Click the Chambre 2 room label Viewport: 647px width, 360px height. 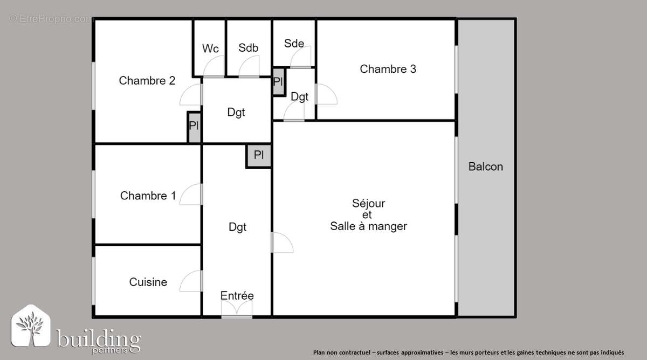(147, 81)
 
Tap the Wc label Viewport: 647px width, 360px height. (210, 49)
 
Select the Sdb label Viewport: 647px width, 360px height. (248, 48)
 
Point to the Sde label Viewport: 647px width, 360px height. (294, 44)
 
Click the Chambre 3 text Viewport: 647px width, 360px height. (388, 69)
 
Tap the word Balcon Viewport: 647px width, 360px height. (485, 167)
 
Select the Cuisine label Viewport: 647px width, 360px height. (148, 282)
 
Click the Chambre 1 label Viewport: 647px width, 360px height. (148, 196)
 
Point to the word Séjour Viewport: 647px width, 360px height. (368, 204)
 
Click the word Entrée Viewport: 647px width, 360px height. (237, 296)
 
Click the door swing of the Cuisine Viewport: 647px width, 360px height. (191, 281)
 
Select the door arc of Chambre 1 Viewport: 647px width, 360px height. (191, 195)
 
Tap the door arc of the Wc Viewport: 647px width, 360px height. (214, 68)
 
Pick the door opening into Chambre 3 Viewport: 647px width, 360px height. (326, 94)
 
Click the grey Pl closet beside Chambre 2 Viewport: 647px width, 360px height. (194, 127)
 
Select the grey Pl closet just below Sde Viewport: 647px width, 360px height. (278, 82)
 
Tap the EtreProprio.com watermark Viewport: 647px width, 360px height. (51, 19)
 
